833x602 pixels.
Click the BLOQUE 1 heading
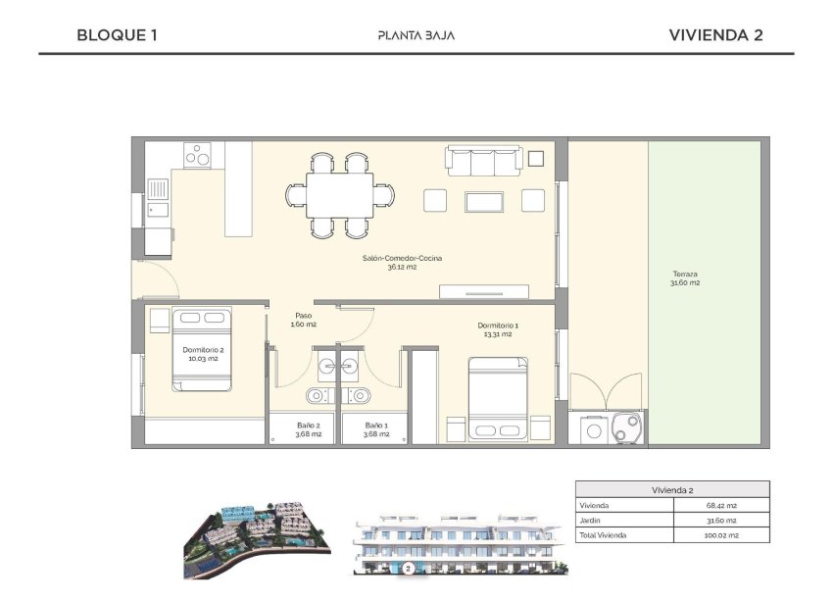point(117,35)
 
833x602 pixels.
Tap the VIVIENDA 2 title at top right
point(715,35)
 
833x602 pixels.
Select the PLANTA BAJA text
point(416,36)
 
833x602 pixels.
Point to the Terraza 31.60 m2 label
point(685,278)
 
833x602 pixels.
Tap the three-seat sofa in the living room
point(483,160)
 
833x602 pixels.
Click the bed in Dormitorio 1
point(498,399)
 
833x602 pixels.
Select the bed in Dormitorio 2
point(202,350)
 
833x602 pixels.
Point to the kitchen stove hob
point(198,155)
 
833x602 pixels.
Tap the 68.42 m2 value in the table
point(725,505)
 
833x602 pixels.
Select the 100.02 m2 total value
point(724,535)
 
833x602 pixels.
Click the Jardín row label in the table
point(590,521)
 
